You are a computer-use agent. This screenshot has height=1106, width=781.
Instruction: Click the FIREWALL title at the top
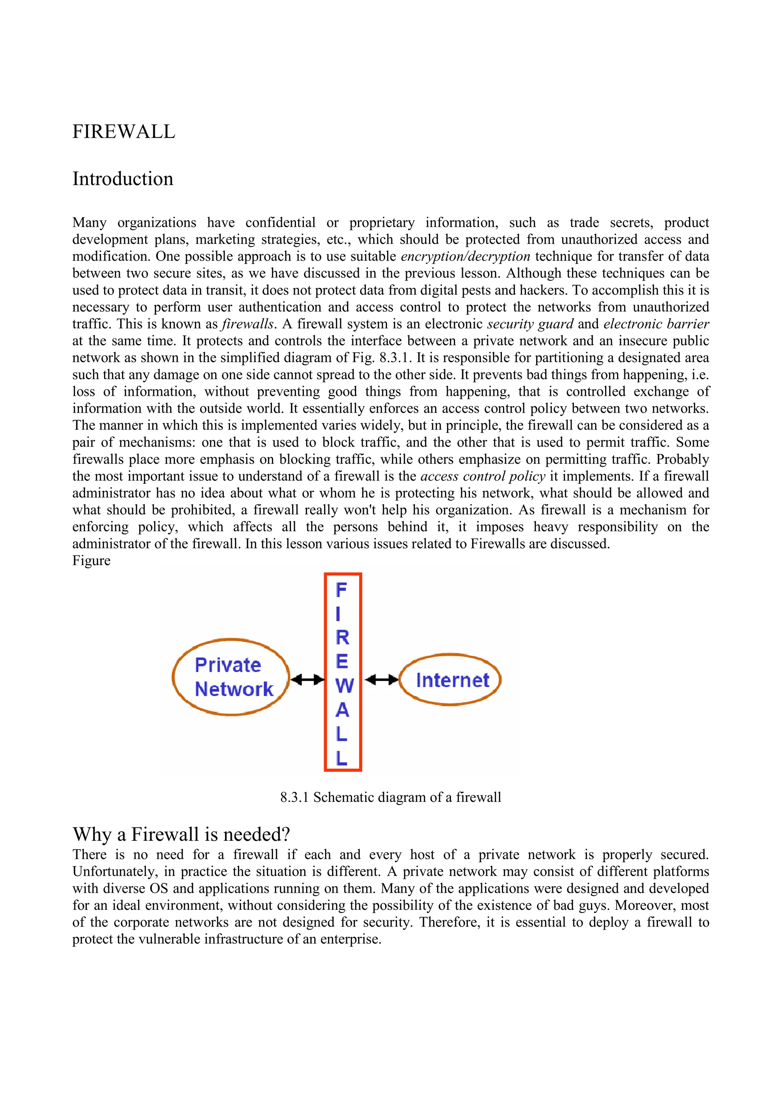click(124, 132)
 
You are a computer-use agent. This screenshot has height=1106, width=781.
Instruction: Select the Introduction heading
click(123, 179)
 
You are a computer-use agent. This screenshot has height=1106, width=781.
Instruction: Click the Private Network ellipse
click(231, 677)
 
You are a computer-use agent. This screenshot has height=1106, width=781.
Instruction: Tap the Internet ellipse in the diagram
click(451, 680)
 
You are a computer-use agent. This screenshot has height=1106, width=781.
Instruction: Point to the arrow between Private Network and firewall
click(307, 680)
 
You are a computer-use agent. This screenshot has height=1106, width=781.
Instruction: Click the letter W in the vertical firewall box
click(344, 685)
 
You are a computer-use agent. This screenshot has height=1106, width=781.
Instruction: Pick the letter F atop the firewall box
click(341, 590)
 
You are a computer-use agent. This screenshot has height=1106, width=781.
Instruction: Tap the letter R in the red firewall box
click(342, 637)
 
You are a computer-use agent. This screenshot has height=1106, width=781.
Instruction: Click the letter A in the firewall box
click(342, 709)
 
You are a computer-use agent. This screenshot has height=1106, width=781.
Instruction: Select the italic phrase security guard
click(530, 324)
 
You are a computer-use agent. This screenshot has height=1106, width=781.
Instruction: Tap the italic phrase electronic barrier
click(656, 324)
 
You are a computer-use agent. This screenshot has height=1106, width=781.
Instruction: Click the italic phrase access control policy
click(483, 476)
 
